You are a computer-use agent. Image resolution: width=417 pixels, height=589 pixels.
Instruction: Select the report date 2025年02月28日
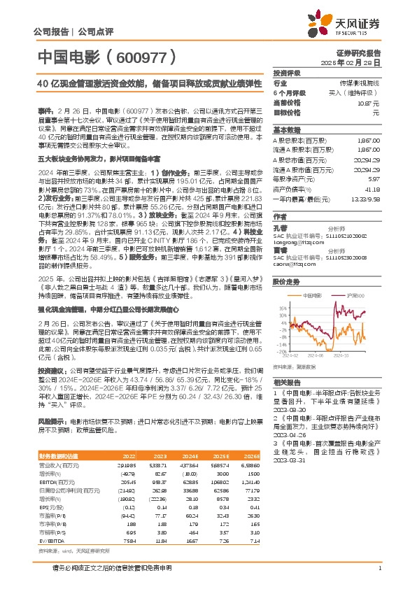pyautogui.click(x=356, y=62)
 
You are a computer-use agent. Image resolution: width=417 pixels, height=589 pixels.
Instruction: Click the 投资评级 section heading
pyautogui.click(x=288, y=73)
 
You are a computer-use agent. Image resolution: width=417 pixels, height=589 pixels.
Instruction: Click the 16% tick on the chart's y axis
pyautogui.click(x=281, y=286)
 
